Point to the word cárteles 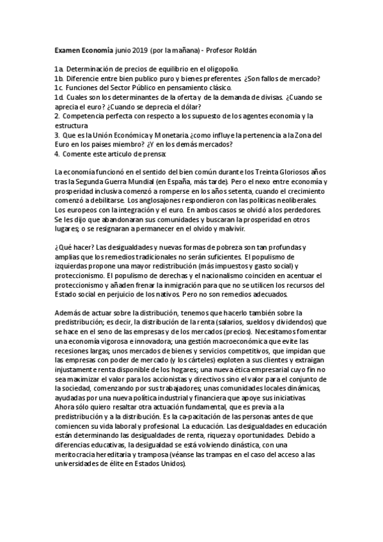coord(171,361)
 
